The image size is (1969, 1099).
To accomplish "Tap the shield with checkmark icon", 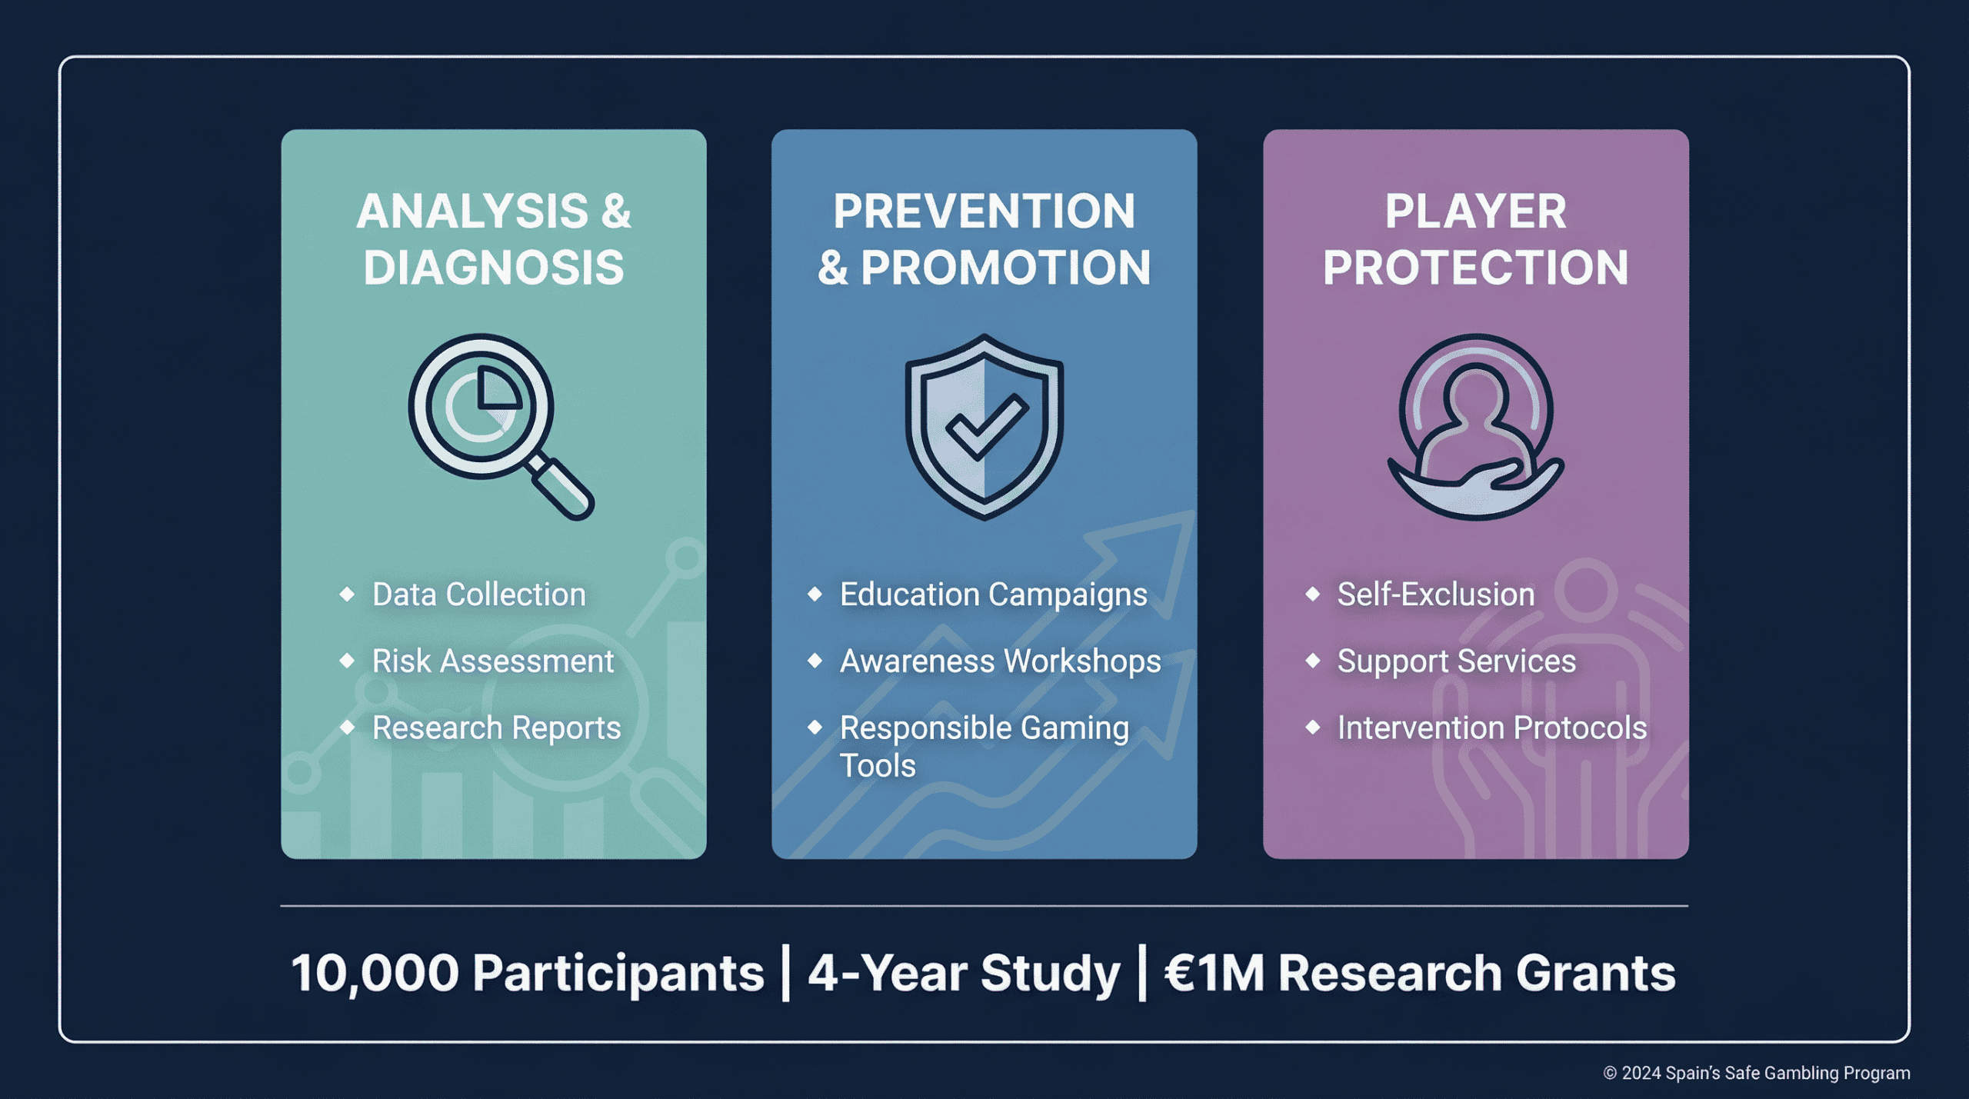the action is (984, 427).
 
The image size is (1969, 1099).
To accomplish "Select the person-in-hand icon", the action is (1475, 427).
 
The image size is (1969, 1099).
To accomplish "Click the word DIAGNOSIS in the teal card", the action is (494, 268).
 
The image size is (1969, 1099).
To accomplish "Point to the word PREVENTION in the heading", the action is (984, 211).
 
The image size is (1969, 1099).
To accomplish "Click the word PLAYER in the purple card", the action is (1475, 211).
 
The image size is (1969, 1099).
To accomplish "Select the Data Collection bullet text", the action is (479, 594).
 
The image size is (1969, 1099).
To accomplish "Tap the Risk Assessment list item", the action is (493, 661).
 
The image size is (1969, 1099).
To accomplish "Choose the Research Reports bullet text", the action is (496, 728).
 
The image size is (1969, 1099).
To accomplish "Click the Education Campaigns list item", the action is (993, 595).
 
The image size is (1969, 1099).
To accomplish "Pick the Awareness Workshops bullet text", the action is (1000, 661).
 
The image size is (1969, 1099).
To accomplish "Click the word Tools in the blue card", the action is (878, 766).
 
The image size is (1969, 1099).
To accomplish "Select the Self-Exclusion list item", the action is (1436, 594).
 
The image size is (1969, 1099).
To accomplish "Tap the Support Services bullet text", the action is (1457, 661).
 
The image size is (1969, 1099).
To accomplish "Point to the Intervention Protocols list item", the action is (1492, 728).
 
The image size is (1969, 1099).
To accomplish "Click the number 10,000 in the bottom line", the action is (375, 974).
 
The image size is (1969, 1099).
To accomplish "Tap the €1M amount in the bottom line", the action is (1214, 974).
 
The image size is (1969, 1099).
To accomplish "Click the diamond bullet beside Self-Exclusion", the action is (1313, 594).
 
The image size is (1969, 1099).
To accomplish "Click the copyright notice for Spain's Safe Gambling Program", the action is (1756, 1073).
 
